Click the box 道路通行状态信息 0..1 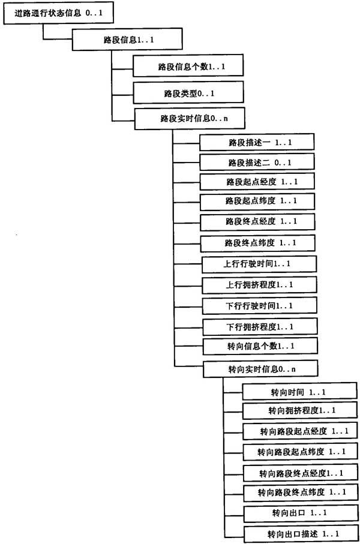[x=58, y=14]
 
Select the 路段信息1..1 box [x=127, y=40]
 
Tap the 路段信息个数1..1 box [x=188, y=65]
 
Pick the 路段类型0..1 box [x=188, y=92]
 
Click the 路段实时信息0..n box [x=190, y=119]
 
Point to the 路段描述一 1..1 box [x=257, y=142]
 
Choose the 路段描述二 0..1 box [x=257, y=163]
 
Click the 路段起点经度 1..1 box [x=257, y=182]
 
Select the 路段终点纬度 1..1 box [x=258, y=243]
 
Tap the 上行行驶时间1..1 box [x=259, y=265]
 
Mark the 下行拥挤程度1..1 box [x=260, y=327]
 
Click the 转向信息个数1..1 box [x=260, y=346]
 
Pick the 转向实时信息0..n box [x=260, y=369]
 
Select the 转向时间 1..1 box [x=299, y=392]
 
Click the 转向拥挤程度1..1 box [x=300, y=411]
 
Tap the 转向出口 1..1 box [x=301, y=513]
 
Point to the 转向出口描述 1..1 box [x=301, y=534]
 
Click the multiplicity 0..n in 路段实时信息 [x=220, y=119]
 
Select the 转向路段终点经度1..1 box [x=301, y=473]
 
